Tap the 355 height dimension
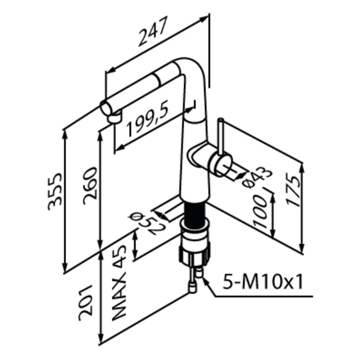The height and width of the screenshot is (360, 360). (54, 191)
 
